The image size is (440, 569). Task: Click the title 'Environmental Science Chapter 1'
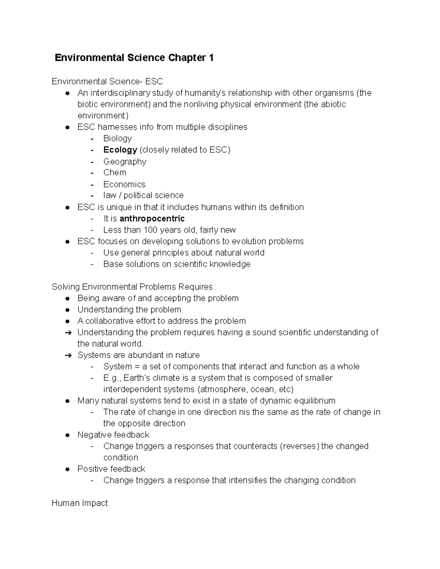tap(134, 58)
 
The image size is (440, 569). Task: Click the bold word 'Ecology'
tap(120, 149)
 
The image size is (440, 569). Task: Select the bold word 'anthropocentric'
tap(152, 219)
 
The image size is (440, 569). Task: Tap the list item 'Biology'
tap(117, 138)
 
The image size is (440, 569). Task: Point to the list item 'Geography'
tap(125, 161)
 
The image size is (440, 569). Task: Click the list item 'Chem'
tap(115, 173)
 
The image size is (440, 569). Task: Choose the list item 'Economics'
tap(124, 184)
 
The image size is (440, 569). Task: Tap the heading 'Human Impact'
tap(80, 503)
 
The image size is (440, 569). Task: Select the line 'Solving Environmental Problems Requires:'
tap(134, 287)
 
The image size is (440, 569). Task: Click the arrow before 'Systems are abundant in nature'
tap(68, 355)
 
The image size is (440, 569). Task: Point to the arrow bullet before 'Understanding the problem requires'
tap(68, 333)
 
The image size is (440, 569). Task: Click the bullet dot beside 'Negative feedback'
tap(67, 435)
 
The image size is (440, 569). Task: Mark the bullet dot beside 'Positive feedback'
tap(67, 469)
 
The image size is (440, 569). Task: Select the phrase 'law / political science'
tap(143, 195)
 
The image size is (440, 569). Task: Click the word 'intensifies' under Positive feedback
tap(248, 480)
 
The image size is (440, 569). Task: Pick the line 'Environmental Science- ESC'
tap(107, 81)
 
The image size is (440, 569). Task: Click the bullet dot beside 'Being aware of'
tap(67, 299)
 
